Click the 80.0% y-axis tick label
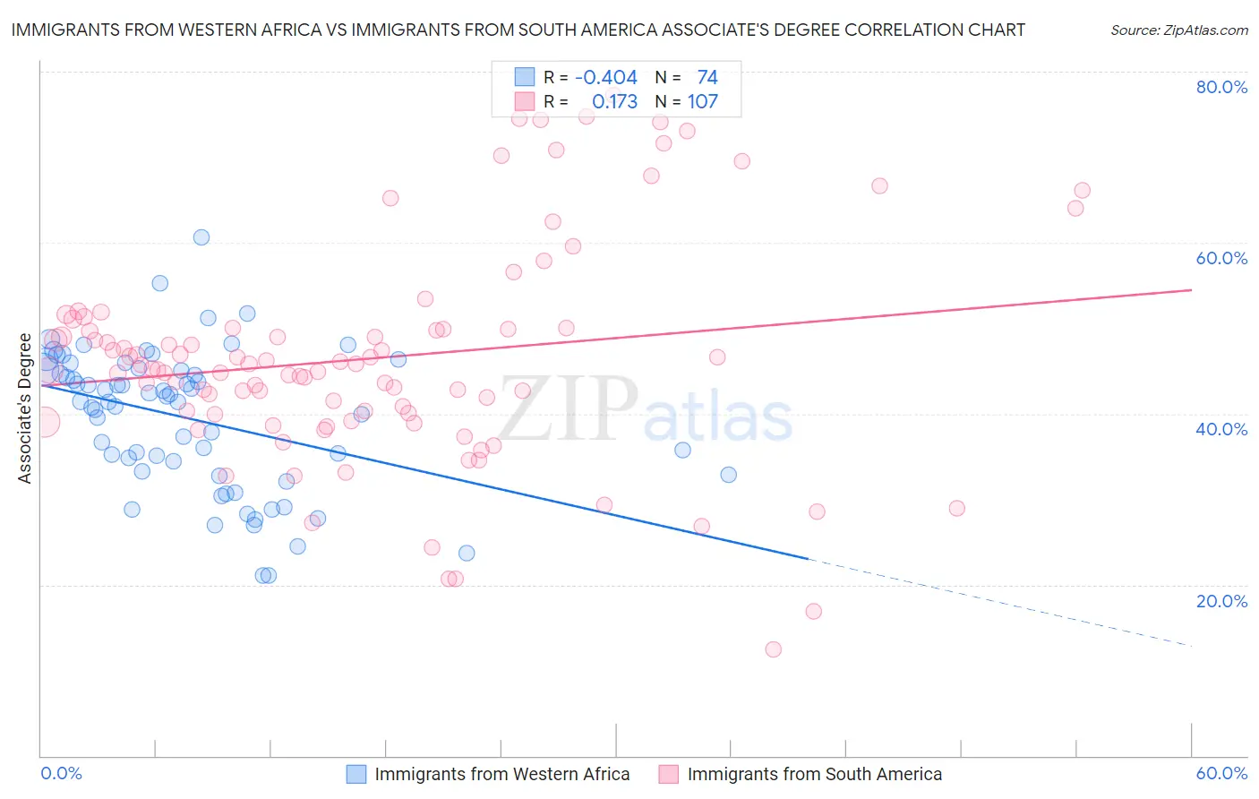1221,87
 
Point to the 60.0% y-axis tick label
1221,258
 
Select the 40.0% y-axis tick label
1221,429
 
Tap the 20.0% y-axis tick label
1221,601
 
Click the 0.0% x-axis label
62,773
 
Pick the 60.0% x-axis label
1221,773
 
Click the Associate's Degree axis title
25,408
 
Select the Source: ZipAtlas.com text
1178,30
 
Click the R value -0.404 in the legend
606,78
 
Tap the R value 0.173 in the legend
614,102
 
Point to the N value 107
702,102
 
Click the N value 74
707,78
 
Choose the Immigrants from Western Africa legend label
501,775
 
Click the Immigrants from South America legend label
814,775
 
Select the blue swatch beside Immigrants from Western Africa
356,775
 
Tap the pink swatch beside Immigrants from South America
669,775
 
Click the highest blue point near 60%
201,237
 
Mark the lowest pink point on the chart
774,649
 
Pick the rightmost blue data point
729,475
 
